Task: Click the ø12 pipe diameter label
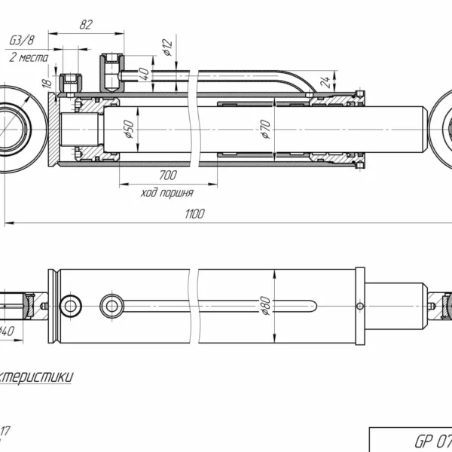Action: tap(167, 49)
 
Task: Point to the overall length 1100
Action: tap(194, 215)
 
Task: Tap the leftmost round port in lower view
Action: tap(72, 305)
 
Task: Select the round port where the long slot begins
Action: tap(113, 305)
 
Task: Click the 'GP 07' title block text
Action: tap(429, 439)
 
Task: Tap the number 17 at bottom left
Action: tap(6, 431)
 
